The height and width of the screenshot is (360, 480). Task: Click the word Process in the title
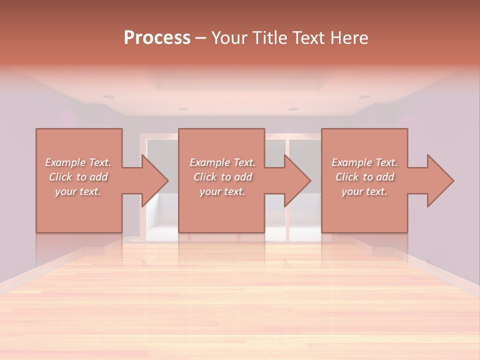157,38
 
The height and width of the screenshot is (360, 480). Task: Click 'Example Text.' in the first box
78,162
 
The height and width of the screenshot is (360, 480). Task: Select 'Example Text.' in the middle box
222,162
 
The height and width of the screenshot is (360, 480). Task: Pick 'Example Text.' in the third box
364,162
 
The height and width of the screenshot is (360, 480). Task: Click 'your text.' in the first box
78,191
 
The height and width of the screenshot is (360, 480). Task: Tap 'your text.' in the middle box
222,191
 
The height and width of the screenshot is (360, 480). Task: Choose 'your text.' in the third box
364,191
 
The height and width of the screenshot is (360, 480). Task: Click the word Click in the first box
61,177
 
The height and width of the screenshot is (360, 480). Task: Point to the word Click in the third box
347,177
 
